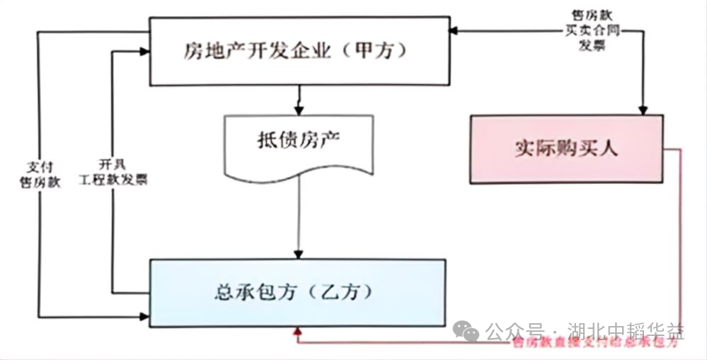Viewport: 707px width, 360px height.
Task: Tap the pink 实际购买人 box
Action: [566, 149]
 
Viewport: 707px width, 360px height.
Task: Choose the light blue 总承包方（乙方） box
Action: [298, 292]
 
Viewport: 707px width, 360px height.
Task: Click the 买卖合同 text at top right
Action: [584, 32]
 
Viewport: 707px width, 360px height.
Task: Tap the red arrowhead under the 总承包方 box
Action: [297, 332]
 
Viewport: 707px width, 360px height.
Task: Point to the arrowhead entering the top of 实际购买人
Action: [643, 109]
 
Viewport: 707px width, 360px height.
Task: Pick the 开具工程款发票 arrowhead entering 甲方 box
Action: [144, 51]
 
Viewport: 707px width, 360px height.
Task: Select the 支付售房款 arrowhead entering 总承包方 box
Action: [144, 315]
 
